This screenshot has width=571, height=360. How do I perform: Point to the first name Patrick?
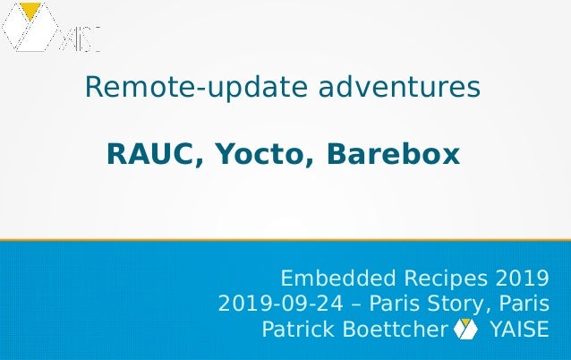pos(294,330)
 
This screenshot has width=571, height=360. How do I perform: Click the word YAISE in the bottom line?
pos(519,330)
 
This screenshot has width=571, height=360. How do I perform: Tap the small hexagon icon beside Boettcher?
pos(466,330)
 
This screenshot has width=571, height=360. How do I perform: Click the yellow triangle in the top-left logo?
pos(31,12)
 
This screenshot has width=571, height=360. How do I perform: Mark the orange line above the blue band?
pos(285,240)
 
